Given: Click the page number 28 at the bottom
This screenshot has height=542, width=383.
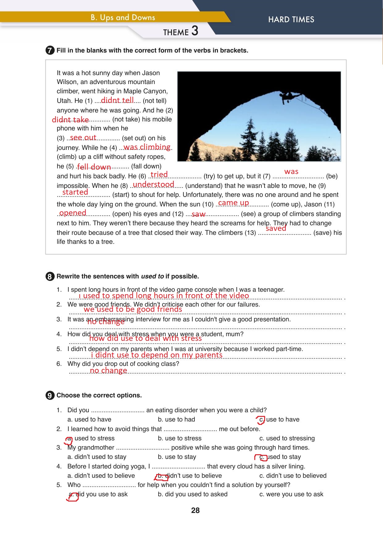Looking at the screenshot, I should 195,510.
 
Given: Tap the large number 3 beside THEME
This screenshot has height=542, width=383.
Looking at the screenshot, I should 195,31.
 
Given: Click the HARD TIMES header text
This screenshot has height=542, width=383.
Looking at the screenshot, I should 291,19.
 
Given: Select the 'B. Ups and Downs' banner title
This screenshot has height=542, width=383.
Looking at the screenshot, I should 123,18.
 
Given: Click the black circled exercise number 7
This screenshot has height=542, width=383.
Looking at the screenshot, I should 50,51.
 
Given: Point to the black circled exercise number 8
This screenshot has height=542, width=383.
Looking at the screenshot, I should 50,277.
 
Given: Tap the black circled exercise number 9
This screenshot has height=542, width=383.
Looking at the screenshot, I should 50,396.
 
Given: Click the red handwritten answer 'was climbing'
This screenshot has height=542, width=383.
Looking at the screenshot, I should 147,147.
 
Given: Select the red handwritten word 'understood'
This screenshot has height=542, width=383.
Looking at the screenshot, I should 153,184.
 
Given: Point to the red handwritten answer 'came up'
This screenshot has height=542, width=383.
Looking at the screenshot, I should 233,203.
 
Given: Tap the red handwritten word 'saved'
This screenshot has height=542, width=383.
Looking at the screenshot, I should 276,228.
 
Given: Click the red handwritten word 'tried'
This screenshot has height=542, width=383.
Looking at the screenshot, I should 159,174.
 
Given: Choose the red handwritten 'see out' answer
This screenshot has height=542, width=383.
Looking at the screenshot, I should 83,138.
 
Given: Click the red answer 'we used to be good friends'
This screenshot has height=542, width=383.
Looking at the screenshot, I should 133,309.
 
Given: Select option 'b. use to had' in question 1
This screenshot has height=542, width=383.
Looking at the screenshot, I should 176,419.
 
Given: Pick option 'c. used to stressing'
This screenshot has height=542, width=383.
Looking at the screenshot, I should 287,438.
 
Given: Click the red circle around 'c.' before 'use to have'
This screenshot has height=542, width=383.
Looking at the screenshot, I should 261,420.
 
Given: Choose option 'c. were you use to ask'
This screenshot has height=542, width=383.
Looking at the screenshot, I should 291,494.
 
